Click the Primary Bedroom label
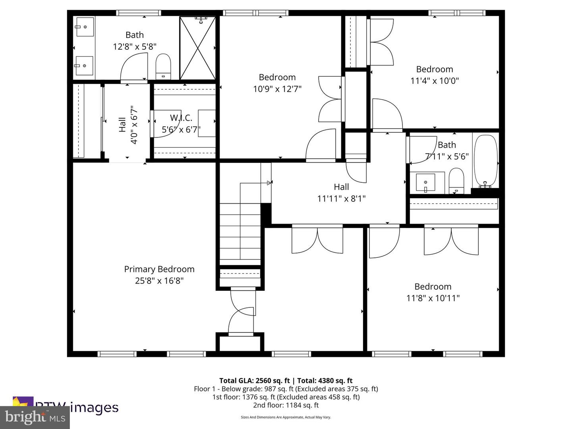pyautogui.click(x=159, y=269)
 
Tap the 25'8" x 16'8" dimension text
pyautogui.click(x=159, y=281)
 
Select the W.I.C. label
pyautogui.click(x=181, y=118)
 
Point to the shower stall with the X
pyautogui.click(x=197, y=48)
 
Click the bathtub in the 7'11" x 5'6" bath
pyautogui.click(x=485, y=161)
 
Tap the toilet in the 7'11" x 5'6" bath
pyautogui.click(x=456, y=181)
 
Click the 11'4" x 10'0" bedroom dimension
pyautogui.click(x=435, y=81)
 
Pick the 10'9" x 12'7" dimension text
pyautogui.click(x=277, y=89)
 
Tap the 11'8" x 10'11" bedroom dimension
pyautogui.click(x=433, y=298)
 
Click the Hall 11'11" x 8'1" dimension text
pyautogui.click(x=341, y=198)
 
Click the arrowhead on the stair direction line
pyautogui.click(x=269, y=183)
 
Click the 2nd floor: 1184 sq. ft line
pyautogui.click(x=286, y=405)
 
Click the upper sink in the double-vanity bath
pyautogui.click(x=85, y=27)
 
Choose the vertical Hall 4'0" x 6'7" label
pyautogui.click(x=128, y=125)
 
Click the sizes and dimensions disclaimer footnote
pyautogui.click(x=286, y=417)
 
